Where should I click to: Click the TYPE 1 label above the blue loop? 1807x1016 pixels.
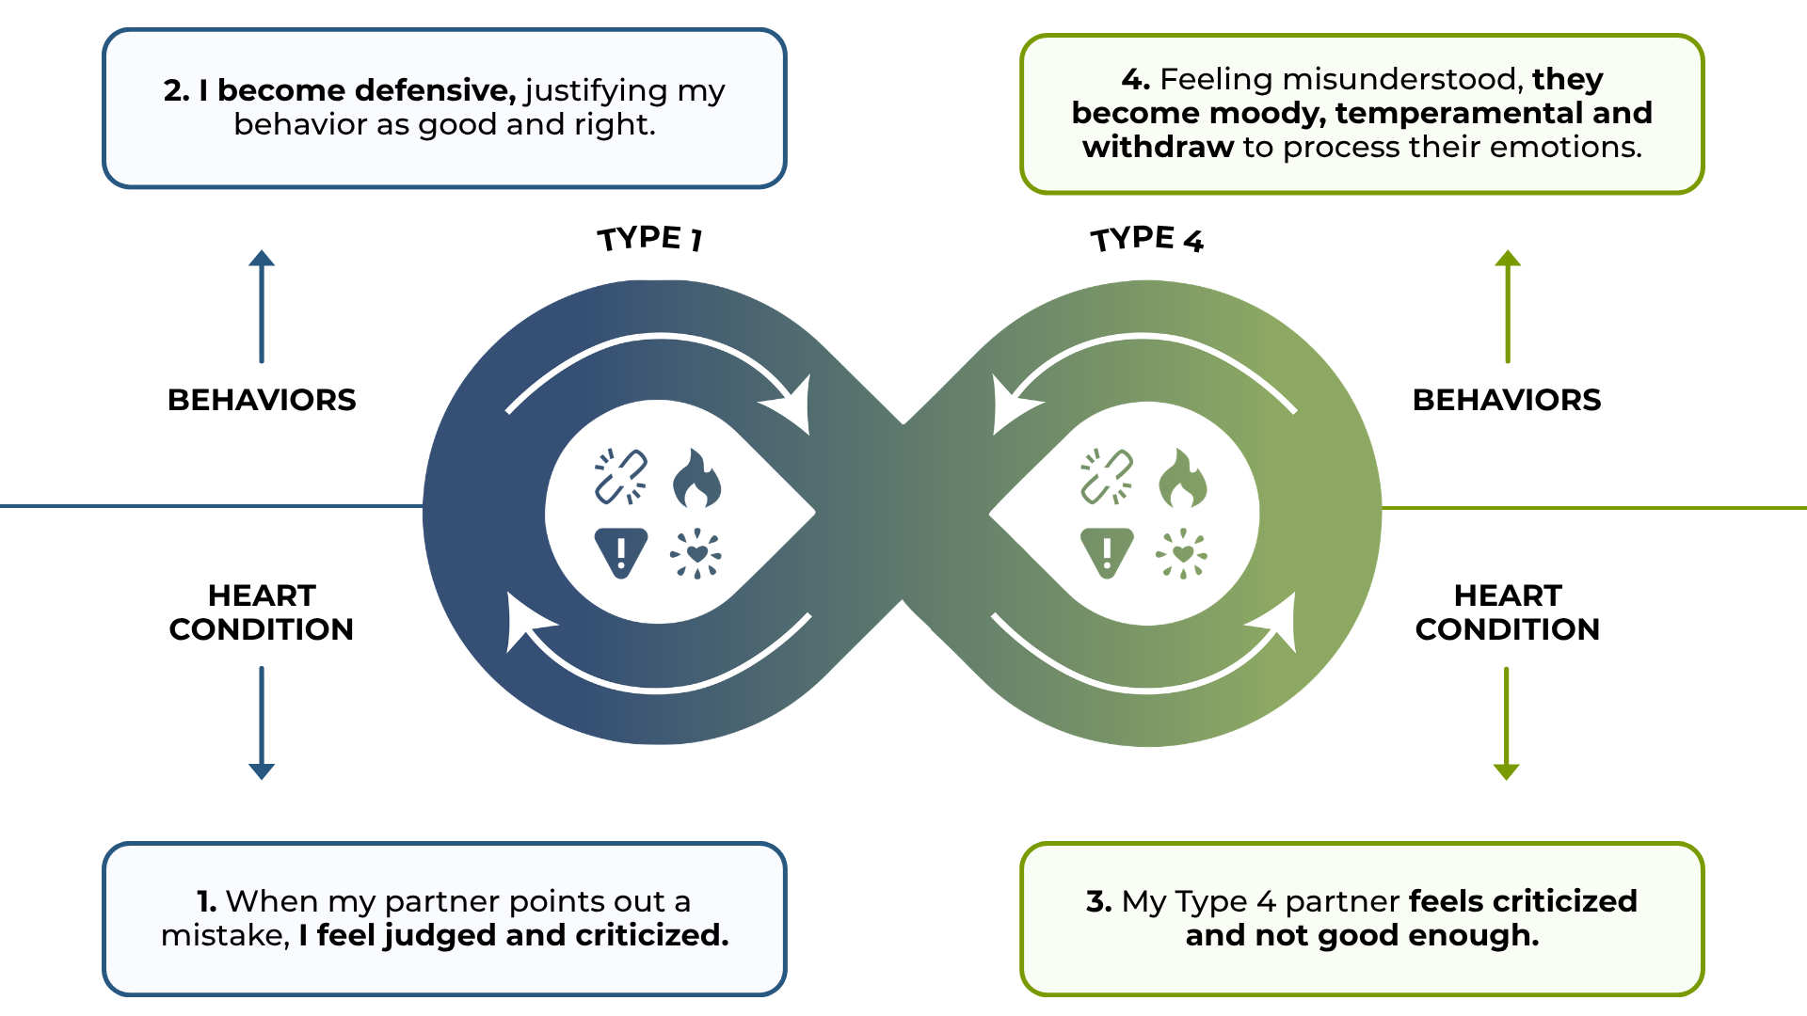click(x=649, y=239)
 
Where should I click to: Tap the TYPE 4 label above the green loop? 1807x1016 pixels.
click(x=1146, y=239)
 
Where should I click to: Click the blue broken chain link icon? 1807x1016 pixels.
click(x=620, y=476)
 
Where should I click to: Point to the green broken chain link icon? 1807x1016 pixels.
click(x=1107, y=476)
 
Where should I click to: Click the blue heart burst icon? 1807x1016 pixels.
click(x=696, y=553)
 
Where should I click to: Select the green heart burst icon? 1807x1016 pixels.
click(x=1182, y=553)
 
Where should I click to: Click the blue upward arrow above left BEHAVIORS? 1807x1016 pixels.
click(x=262, y=306)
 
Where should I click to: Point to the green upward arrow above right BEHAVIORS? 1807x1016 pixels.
click(x=1508, y=306)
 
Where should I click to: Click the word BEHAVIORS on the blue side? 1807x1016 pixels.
click(x=262, y=400)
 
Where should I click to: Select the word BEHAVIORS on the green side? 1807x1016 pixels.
click(x=1507, y=400)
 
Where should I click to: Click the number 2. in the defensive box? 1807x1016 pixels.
click(x=176, y=90)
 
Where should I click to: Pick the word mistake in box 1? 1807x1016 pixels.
click(x=223, y=936)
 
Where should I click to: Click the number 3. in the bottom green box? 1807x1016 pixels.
click(x=1098, y=901)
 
